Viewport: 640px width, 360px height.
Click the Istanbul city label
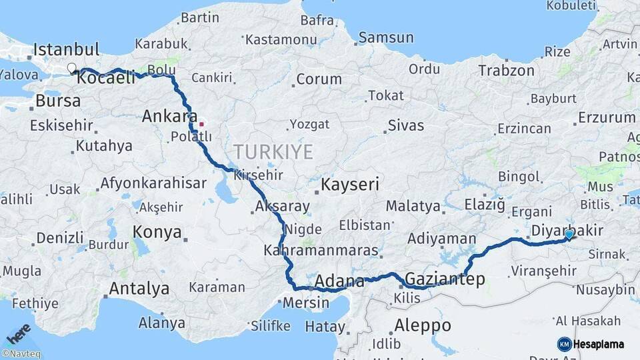(x=66, y=49)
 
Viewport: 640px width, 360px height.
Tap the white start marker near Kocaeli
(x=71, y=68)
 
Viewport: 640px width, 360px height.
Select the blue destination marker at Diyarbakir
(x=569, y=234)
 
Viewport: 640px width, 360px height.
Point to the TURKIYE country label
(x=273, y=152)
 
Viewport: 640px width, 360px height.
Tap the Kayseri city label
(x=350, y=184)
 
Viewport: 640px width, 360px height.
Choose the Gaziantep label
(x=445, y=279)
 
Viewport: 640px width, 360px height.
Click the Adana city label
(x=339, y=281)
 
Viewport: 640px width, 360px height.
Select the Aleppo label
(x=423, y=326)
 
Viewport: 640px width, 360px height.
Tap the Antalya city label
(x=138, y=289)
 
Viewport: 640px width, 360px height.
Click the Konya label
(x=157, y=232)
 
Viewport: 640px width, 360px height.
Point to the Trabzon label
(x=506, y=70)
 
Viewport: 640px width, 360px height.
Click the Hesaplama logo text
(x=598, y=344)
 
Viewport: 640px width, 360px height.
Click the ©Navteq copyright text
(x=21, y=354)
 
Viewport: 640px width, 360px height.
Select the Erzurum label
(x=606, y=118)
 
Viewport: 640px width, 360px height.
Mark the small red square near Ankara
(x=201, y=123)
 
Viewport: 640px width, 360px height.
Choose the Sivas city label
(x=405, y=125)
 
